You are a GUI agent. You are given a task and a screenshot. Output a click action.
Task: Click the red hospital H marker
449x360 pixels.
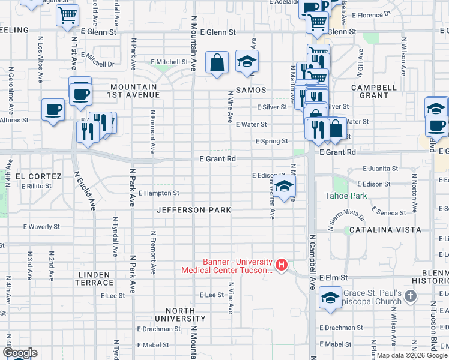point(280,265)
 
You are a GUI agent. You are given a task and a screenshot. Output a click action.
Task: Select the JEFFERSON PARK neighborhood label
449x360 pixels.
point(194,211)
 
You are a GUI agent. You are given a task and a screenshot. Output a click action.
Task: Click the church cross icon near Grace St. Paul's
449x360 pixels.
point(410,296)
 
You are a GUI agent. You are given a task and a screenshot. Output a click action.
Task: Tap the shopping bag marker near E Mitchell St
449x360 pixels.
point(217,62)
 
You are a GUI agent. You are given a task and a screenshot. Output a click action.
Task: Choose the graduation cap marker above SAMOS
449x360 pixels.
point(246,61)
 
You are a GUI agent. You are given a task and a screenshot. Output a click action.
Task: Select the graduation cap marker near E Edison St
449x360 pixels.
point(285,185)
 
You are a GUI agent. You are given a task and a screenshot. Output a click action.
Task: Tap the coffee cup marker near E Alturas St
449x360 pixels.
point(53,110)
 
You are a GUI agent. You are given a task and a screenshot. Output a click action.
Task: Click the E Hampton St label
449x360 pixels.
point(158,193)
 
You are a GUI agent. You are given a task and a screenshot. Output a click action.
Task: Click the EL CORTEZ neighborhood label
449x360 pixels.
point(38,176)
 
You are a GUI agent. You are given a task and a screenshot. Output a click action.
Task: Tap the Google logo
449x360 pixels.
point(20,353)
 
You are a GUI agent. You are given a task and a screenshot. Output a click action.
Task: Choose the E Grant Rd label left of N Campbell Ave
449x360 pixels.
point(217,159)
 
